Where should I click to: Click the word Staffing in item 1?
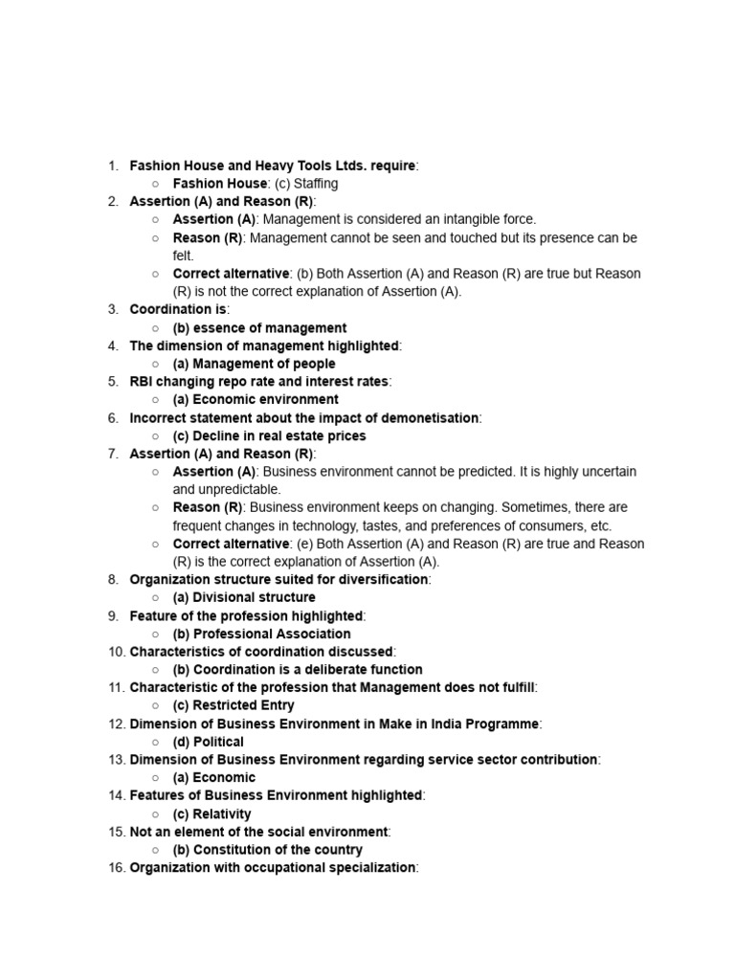click(x=315, y=183)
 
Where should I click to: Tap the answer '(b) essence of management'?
click(x=259, y=327)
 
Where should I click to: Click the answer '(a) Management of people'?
click(x=254, y=364)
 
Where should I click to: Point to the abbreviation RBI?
click(x=143, y=381)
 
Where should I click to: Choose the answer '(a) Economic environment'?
click(x=256, y=399)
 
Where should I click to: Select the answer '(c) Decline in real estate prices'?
click(x=269, y=435)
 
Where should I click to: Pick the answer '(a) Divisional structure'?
click(x=244, y=597)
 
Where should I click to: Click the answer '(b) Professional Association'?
click(x=261, y=634)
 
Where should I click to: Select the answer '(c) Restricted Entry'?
click(x=234, y=705)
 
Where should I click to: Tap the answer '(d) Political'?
click(x=208, y=742)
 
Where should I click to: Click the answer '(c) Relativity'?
click(x=212, y=813)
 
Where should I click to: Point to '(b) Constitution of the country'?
click(x=267, y=850)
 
